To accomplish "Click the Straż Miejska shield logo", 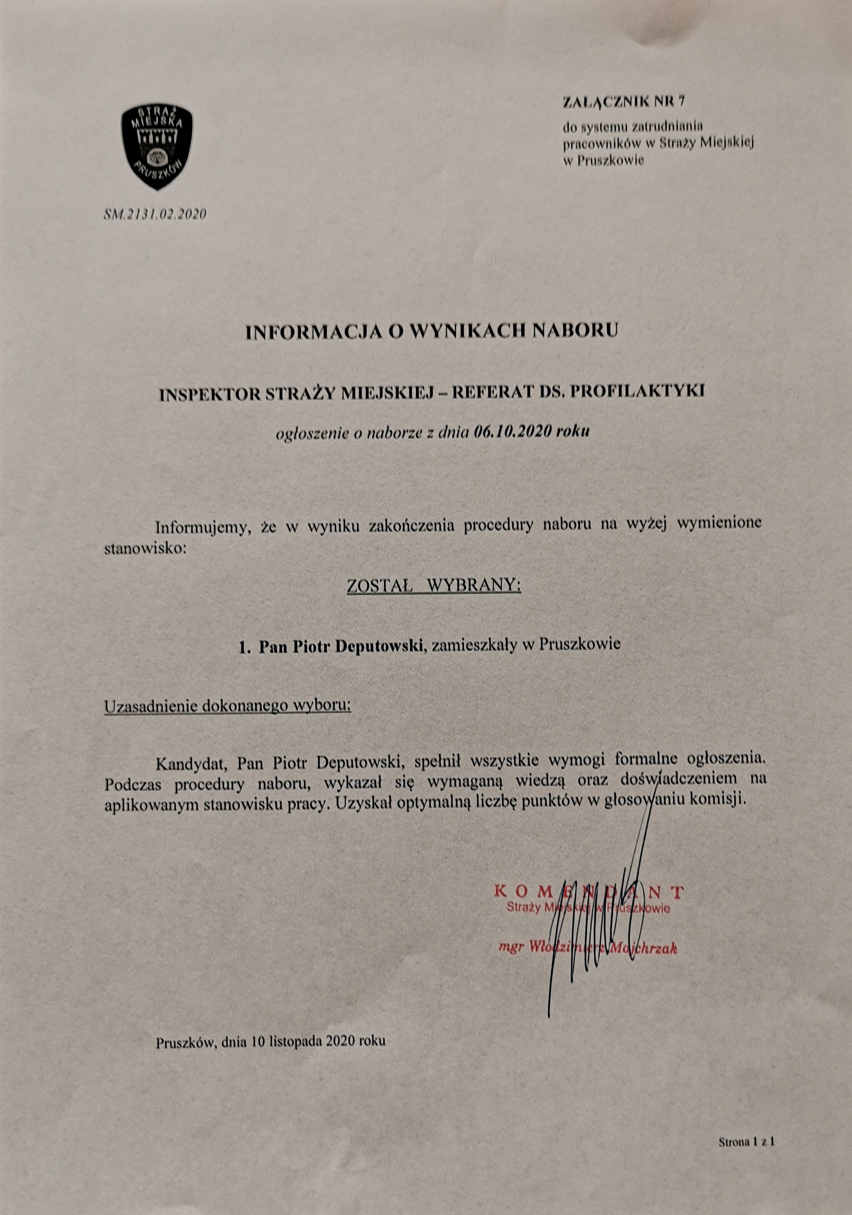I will pyautogui.click(x=157, y=147).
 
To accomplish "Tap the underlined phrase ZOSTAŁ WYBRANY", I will pyautogui.click(x=434, y=586).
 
